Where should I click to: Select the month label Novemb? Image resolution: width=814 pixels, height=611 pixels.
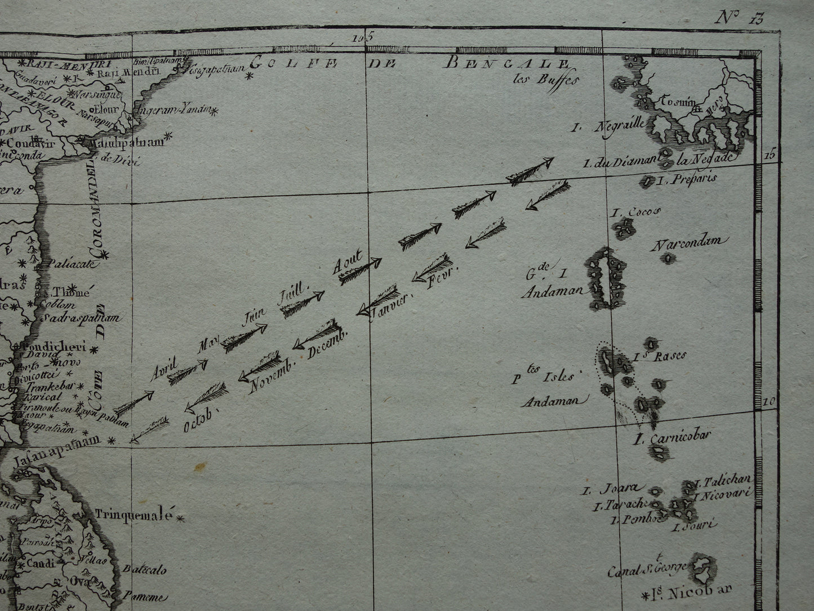point(269,375)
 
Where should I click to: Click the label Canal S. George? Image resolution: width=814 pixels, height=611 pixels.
point(647,569)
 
